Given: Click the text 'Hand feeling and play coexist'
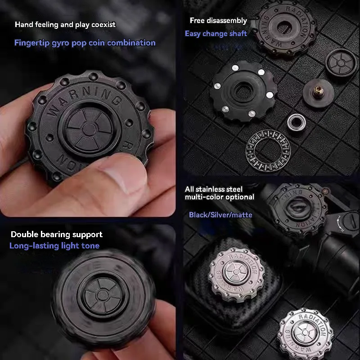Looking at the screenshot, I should (65, 24).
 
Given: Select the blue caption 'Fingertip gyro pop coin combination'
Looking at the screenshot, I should (85, 43).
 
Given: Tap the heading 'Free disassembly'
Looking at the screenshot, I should (218, 20).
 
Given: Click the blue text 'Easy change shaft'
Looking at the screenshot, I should (216, 33).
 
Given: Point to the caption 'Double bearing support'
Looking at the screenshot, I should (57, 234).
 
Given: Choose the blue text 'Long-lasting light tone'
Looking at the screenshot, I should (54, 246).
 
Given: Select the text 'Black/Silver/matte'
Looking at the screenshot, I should (220, 215).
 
